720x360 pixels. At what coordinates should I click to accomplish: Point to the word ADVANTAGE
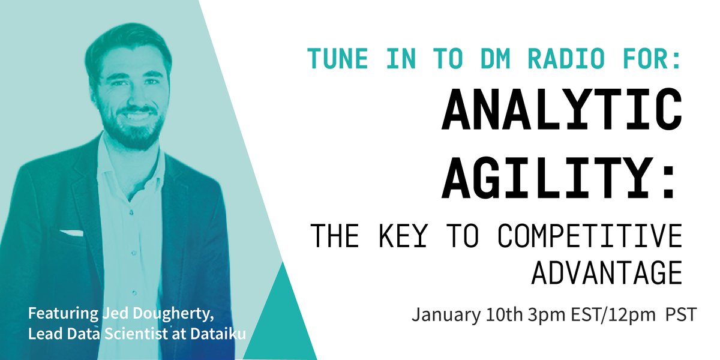click(607, 273)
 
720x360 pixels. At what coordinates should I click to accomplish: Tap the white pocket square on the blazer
click(70, 232)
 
